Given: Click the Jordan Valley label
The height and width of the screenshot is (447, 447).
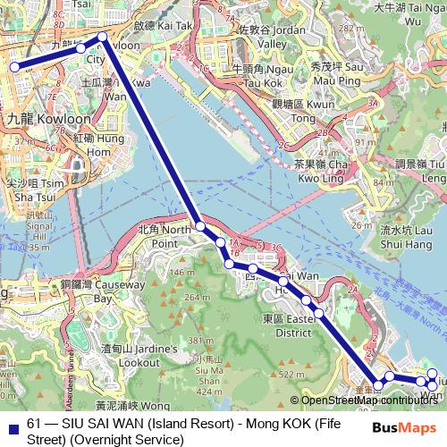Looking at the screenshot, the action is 264,36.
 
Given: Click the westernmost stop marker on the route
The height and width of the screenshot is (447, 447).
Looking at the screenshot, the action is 14,66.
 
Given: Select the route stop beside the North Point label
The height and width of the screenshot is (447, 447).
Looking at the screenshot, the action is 200,226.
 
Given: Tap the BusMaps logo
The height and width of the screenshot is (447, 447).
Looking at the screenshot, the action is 406,428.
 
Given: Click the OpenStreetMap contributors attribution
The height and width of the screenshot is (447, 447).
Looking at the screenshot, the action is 368,400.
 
